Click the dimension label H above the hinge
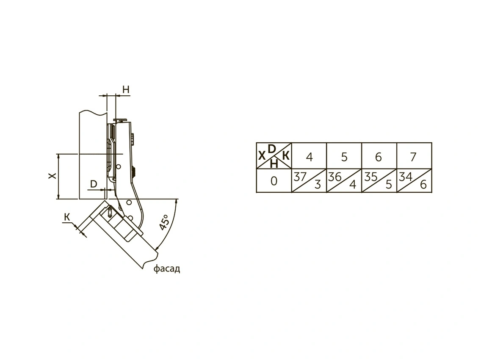point(126,90)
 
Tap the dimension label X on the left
point(53,175)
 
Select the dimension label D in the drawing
point(94,184)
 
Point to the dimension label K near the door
point(67,217)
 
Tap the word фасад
point(166,269)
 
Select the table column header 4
point(309,157)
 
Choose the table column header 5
point(344,157)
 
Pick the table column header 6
point(379,157)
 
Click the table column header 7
point(414,157)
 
